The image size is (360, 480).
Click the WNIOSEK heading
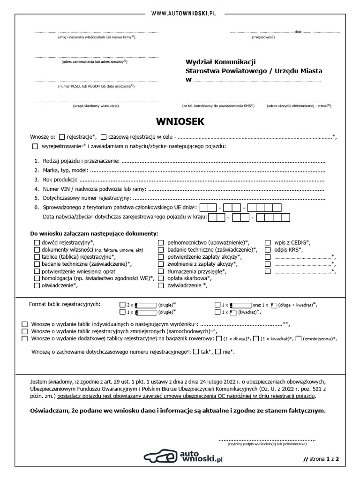tap(180, 122)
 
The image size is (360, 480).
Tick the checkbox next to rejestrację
tap(63, 137)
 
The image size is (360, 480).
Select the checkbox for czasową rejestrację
tap(104, 137)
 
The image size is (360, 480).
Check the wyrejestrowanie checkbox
tap(36, 147)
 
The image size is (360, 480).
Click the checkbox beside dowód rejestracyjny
tap(37, 242)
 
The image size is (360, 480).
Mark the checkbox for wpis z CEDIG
tap(268, 242)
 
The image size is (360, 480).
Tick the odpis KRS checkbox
tap(268, 250)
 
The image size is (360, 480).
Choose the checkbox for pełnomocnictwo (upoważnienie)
tap(161, 242)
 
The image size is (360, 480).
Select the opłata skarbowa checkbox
tap(161, 278)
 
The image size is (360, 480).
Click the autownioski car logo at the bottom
tap(162, 457)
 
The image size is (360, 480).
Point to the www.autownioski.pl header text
tap(180, 5)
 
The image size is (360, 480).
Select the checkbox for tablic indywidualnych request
tap(25, 324)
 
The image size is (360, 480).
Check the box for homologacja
tap(37, 278)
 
